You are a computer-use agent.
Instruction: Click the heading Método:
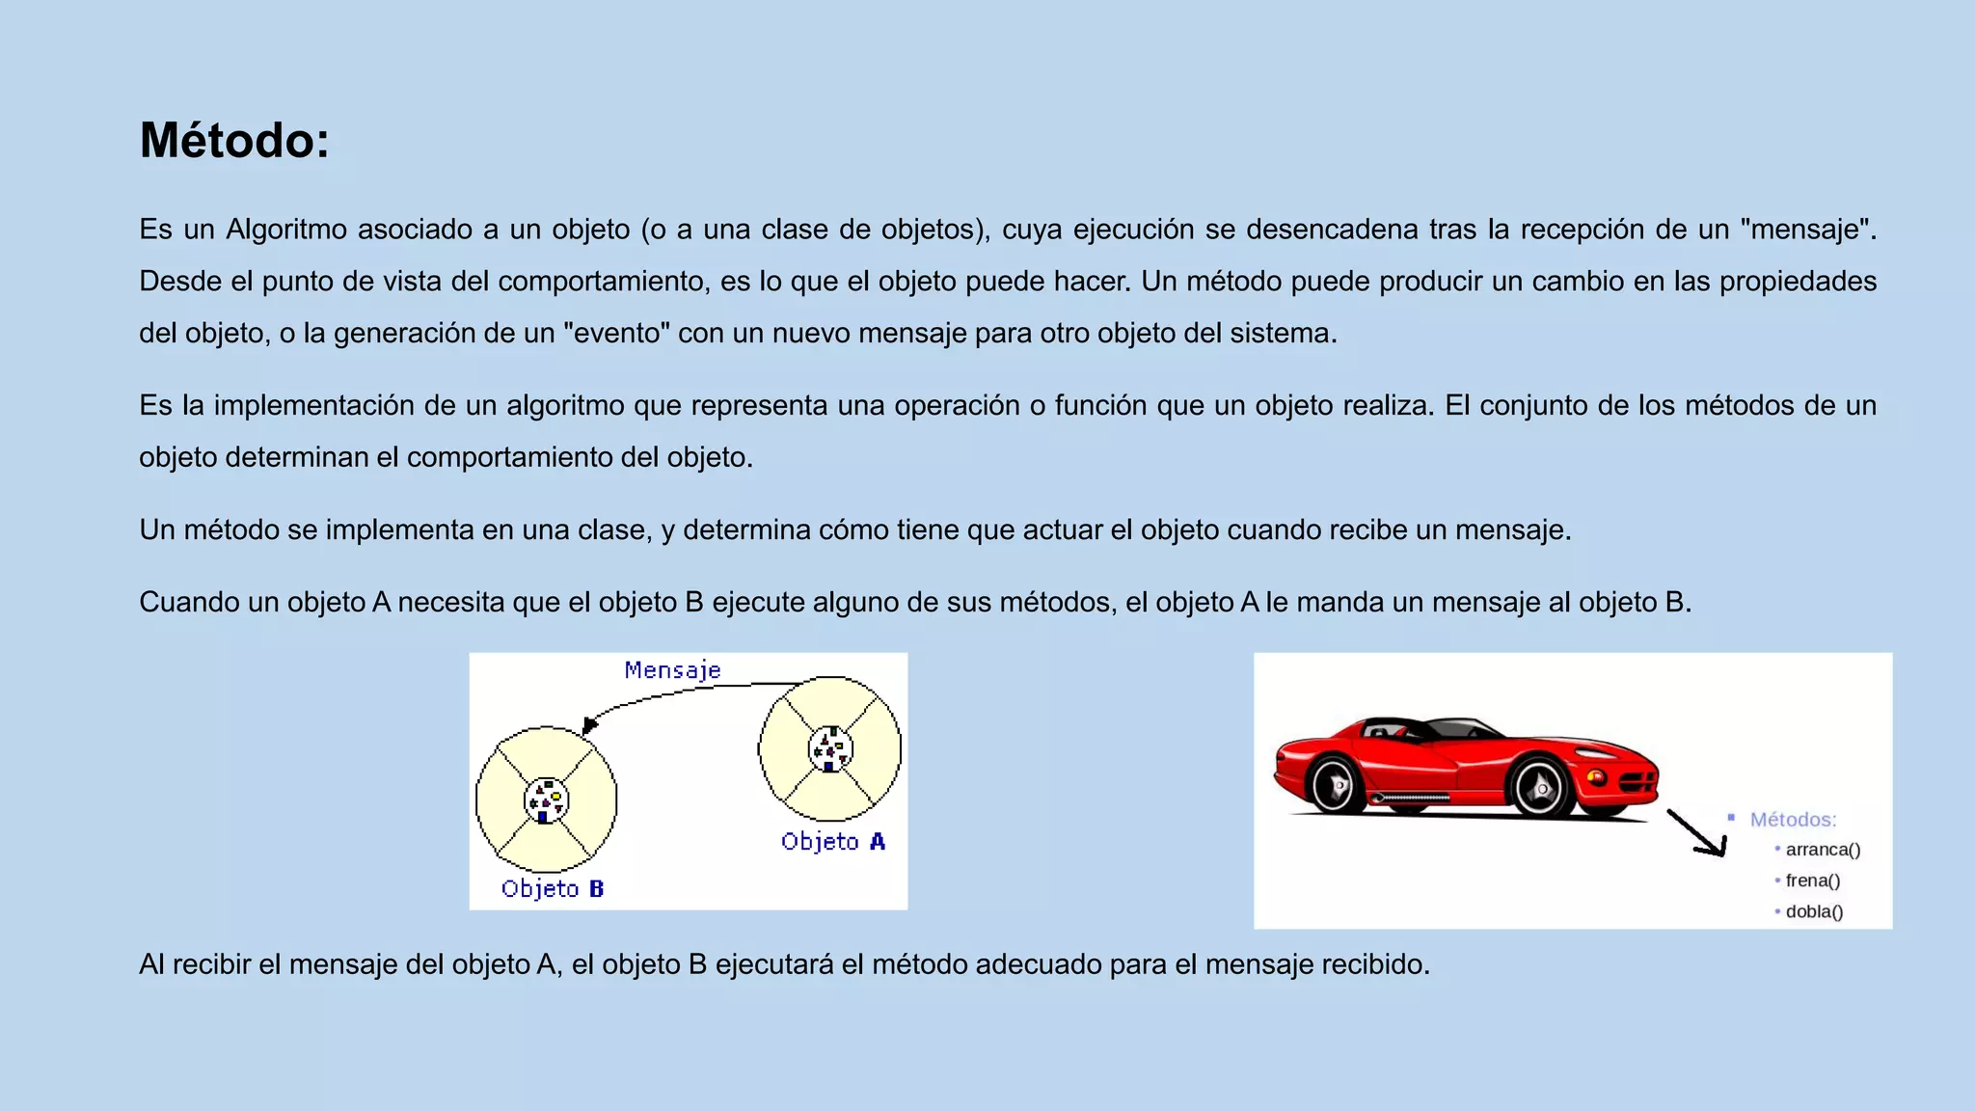[234, 141]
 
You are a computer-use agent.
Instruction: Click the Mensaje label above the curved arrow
[672, 670]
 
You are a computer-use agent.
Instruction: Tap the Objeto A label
[833, 842]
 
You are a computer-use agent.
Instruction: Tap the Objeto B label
[553, 889]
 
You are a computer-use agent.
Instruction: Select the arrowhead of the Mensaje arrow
[590, 725]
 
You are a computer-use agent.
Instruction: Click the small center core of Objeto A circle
[830, 749]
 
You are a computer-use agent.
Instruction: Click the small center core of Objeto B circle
[546, 800]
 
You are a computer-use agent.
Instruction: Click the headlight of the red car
[1596, 776]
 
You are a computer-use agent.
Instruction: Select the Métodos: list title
[1793, 820]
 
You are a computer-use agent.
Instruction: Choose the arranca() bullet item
[1823, 850]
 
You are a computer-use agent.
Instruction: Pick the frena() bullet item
[1813, 881]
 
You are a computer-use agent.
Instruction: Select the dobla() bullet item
[1814, 911]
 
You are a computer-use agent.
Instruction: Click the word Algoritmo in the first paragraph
[286, 230]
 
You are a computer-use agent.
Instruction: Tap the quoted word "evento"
[616, 334]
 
